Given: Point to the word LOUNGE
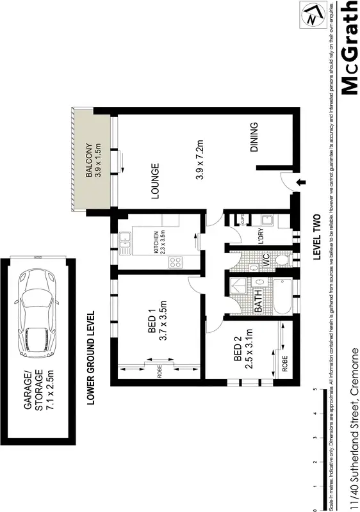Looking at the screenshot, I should [x=154, y=182].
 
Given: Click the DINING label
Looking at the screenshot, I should [x=254, y=137].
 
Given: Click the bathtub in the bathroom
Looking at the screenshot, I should [x=282, y=296].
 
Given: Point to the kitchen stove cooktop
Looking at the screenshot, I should [x=177, y=261].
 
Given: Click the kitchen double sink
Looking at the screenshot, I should [x=126, y=242].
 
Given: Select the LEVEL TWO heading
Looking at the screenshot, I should [x=316, y=236].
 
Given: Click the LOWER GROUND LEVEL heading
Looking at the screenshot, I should [x=90, y=358].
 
